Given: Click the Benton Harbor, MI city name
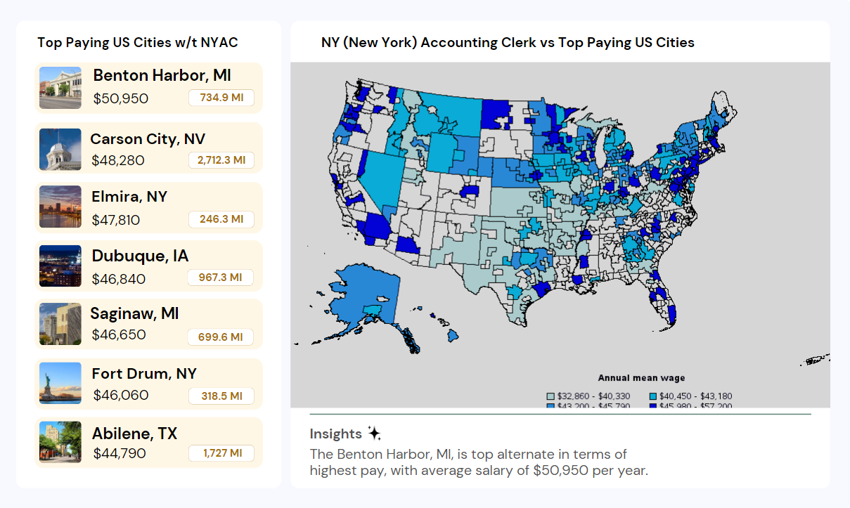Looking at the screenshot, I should click(x=162, y=76).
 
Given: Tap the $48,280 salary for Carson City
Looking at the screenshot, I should click(x=118, y=161).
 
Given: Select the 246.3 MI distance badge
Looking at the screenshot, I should click(x=221, y=220).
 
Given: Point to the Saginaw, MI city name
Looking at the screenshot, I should click(x=134, y=313).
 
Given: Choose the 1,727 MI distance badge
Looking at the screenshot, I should click(x=221, y=453).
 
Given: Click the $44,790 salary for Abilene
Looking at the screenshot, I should click(x=120, y=453).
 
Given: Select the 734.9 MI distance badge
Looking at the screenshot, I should click(x=221, y=98).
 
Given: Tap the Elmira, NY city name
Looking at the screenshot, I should click(x=129, y=197).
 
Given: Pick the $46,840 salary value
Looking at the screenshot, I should click(x=119, y=279).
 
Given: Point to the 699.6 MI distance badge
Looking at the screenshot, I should click(x=221, y=337).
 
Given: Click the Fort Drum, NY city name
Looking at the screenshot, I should click(x=144, y=373).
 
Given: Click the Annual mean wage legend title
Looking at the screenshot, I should click(x=641, y=379).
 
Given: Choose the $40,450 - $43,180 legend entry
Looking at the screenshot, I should click(x=690, y=396).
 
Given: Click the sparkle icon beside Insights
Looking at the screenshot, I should click(x=374, y=434).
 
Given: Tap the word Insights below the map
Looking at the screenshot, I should click(x=335, y=434).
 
